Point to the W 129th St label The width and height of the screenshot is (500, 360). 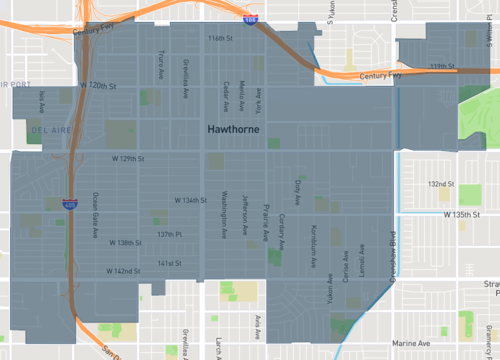pyautogui.click(x=128, y=159)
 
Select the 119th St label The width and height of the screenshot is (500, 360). pyautogui.click(x=441, y=66)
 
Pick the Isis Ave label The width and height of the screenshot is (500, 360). pyautogui.click(x=42, y=101)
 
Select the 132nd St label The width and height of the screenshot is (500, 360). pyautogui.click(x=440, y=185)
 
